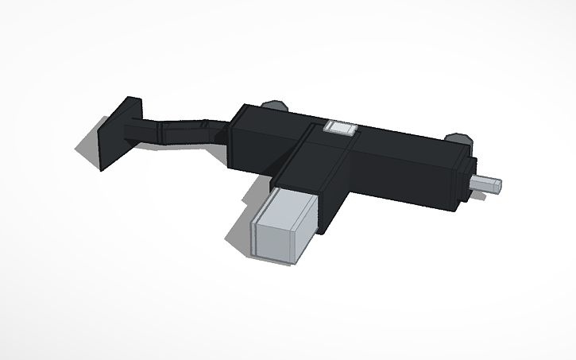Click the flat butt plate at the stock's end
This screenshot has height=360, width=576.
pos(119,137)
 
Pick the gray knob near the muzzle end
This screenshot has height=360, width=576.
pos(456,137)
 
